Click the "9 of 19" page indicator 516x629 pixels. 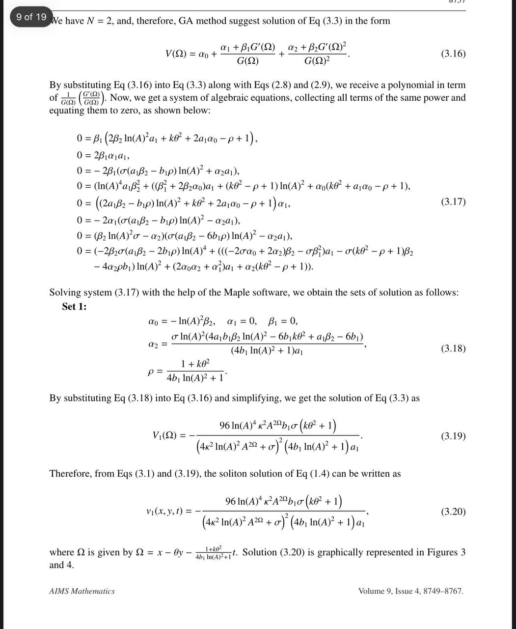pyautogui.click(x=31, y=17)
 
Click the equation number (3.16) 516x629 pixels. pyautogui.click(x=453, y=54)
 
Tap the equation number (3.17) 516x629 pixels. pyautogui.click(x=453, y=201)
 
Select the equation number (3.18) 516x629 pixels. pyautogui.click(x=453, y=348)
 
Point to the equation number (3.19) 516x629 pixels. pyautogui.click(x=453, y=436)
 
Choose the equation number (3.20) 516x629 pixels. pyautogui.click(x=453, y=512)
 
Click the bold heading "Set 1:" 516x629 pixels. pyautogui.click(x=74, y=307)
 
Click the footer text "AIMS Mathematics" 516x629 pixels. pyautogui.click(x=82, y=591)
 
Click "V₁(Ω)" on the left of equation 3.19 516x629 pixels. pyautogui.click(x=164, y=436)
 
